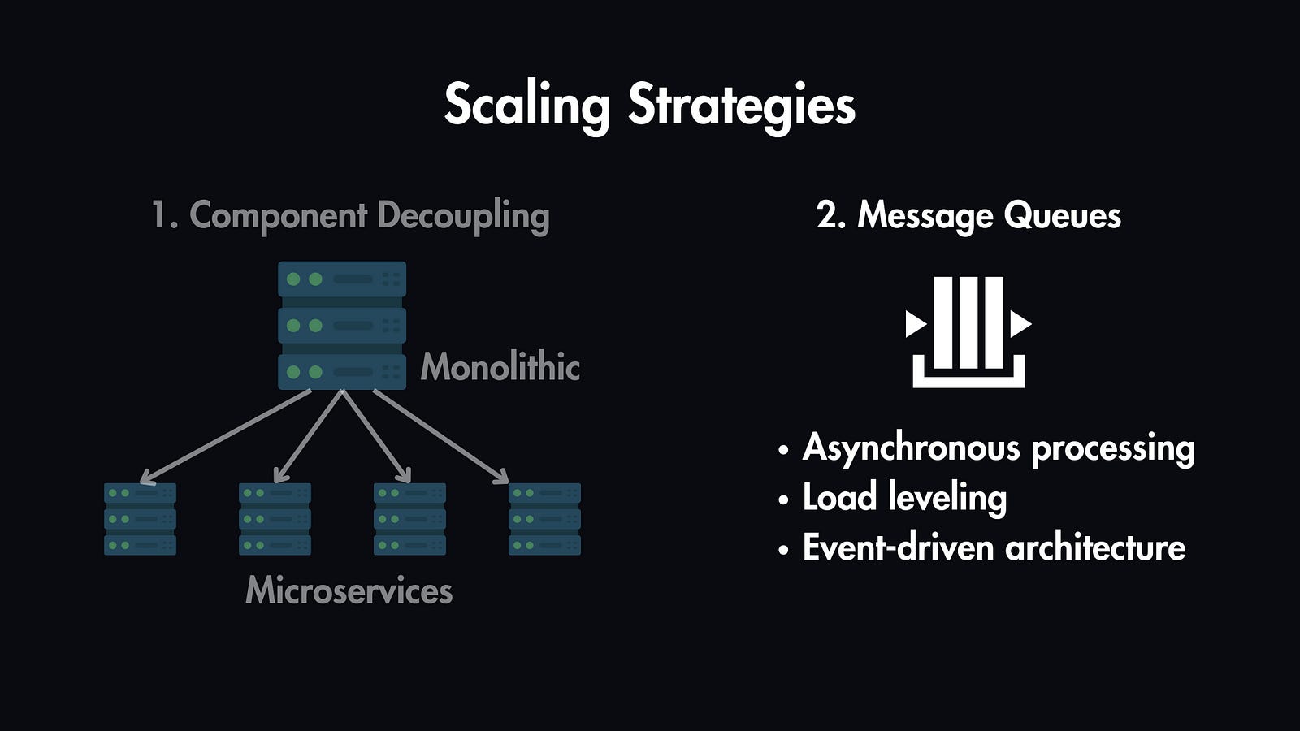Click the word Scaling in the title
point(526,106)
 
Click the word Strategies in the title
point(741,106)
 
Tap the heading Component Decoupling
point(351,216)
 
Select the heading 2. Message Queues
point(968,216)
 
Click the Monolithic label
point(500,367)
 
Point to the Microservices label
point(349,590)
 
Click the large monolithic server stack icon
point(342,325)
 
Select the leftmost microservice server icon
point(140,519)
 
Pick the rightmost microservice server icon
point(544,519)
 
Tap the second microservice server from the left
point(275,519)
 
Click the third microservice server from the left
point(409,519)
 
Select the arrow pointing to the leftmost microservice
point(226,435)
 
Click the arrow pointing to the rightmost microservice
point(441,435)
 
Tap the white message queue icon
point(968,331)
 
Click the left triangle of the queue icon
point(915,324)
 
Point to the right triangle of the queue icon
point(1020,324)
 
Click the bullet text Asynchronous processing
point(998,448)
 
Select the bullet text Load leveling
point(903,498)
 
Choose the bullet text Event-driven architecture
point(993,548)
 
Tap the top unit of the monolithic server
point(342,279)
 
